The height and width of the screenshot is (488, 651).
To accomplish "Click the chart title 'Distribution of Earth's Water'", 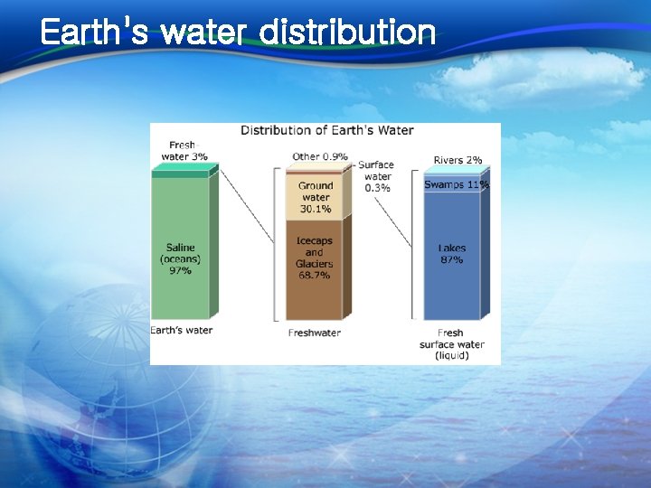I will pyautogui.click(x=326, y=130).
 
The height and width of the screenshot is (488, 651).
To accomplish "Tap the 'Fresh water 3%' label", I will pyautogui.click(x=183, y=150).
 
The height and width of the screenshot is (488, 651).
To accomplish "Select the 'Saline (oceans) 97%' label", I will pyautogui.click(x=180, y=258).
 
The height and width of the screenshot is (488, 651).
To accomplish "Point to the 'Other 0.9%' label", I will pyautogui.click(x=319, y=157).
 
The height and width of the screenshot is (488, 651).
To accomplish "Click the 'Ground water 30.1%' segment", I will pyautogui.click(x=314, y=197).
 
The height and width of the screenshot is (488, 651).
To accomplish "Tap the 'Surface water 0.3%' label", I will pyautogui.click(x=377, y=177).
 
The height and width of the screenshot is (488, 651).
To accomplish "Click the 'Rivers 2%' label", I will pyautogui.click(x=458, y=160).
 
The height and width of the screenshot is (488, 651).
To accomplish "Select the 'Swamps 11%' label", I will pyautogui.click(x=456, y=184).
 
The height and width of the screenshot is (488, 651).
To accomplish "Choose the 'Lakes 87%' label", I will pyautogui.click(x=451, y=254).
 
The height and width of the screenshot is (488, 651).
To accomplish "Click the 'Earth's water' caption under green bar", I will pyautogui.click(x=182, y=330).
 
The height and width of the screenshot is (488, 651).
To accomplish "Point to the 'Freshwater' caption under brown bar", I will pyautogui.click(x=314, y=333).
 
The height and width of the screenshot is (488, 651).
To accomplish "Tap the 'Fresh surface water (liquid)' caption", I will pyautogui.click(x=451, y=344).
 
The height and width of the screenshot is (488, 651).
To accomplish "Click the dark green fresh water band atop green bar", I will pyautogui.click(x=180, y=174).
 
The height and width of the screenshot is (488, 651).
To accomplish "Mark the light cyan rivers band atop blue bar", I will pyautogui.click(x=451, y=170).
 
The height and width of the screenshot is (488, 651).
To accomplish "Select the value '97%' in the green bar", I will pyautogui.click(x=180, y=270).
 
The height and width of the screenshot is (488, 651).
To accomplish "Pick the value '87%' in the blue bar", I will pyautogui.click(x=451, y=260).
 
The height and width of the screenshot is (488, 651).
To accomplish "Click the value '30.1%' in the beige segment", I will pyautogui.click(x=315, y=209).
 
